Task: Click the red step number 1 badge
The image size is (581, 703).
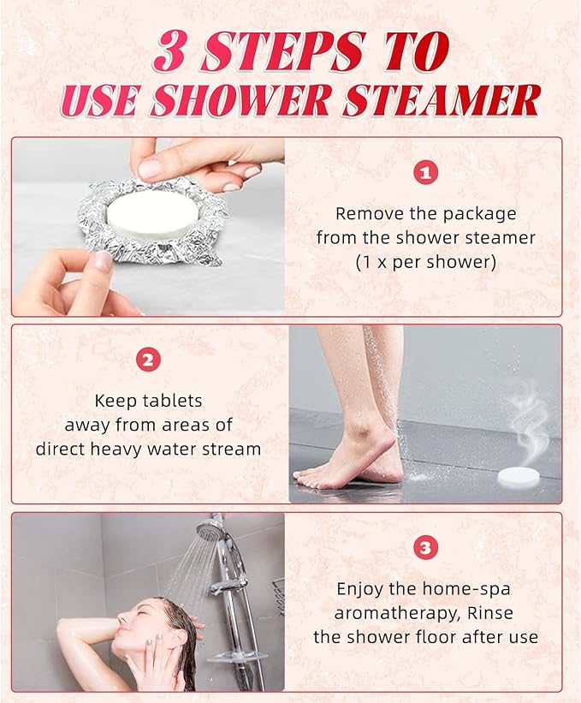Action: [x=425, y=172]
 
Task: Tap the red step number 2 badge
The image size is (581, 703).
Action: [x=149, y=360]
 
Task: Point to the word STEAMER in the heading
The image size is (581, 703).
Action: [x=441, y=100]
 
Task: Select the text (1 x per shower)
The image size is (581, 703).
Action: [x=425, y=262]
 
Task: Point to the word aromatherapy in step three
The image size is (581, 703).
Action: [x=386, y=613]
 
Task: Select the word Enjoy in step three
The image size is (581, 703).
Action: [x=359, y=589]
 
